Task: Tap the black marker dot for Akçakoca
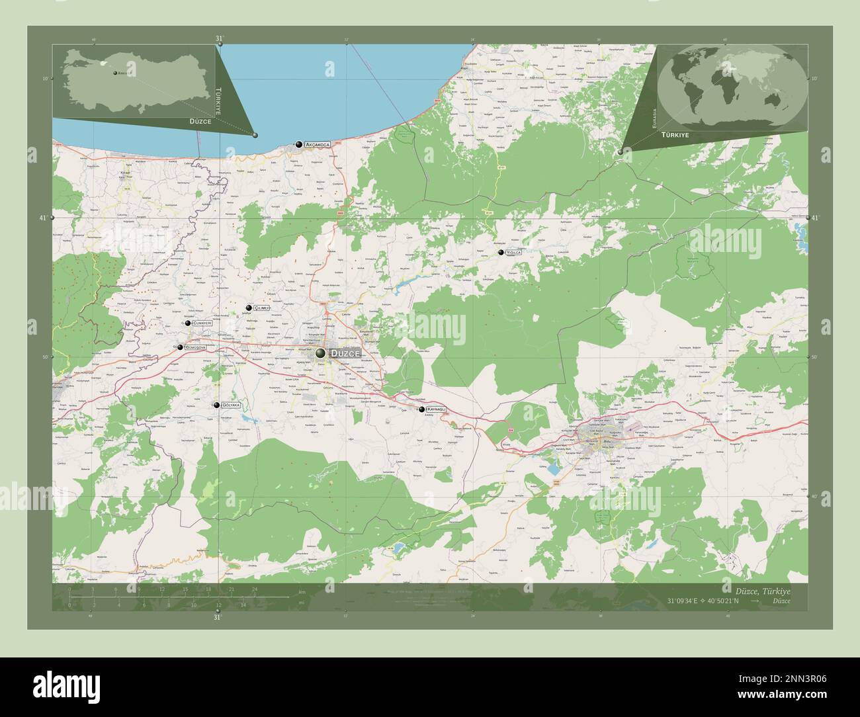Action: tap(300, 144)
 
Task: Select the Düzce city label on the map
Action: tap(346, 354)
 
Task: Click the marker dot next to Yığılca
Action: tap(501, 252)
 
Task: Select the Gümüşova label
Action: tap(196, 347)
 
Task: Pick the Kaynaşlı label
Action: tap(437, 409)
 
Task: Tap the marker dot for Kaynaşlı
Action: tap(421, 409)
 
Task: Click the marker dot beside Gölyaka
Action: tap(216, 405)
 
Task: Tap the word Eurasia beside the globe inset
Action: tap(652, 120)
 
